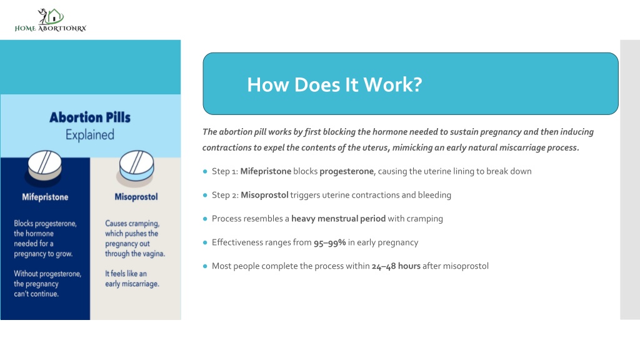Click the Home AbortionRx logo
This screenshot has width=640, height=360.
[51, 20]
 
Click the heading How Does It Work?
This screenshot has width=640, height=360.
[334, 84]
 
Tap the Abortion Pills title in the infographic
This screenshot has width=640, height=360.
[90, 117]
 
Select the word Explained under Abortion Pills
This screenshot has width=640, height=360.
[90, 135]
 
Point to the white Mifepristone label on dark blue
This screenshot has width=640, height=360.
[45, 197]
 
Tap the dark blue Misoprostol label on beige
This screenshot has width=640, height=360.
[136, 197]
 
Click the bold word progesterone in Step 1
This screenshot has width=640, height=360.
[346, 171]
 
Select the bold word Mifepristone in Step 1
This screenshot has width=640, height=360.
[266, 171]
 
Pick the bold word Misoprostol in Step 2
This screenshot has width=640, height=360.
[264, 195]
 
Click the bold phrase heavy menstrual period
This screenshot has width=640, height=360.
[338, 219]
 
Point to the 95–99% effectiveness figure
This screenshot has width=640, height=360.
[329, 242]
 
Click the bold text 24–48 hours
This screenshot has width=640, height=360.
[396, 266]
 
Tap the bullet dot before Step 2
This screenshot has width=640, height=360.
[205, 195]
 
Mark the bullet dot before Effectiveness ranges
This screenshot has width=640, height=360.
[205, 242]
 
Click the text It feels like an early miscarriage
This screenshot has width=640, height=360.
[132, 279]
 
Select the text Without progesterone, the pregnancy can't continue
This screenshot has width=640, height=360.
[47, 284]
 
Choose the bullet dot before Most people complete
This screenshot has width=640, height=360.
[205, 266]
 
